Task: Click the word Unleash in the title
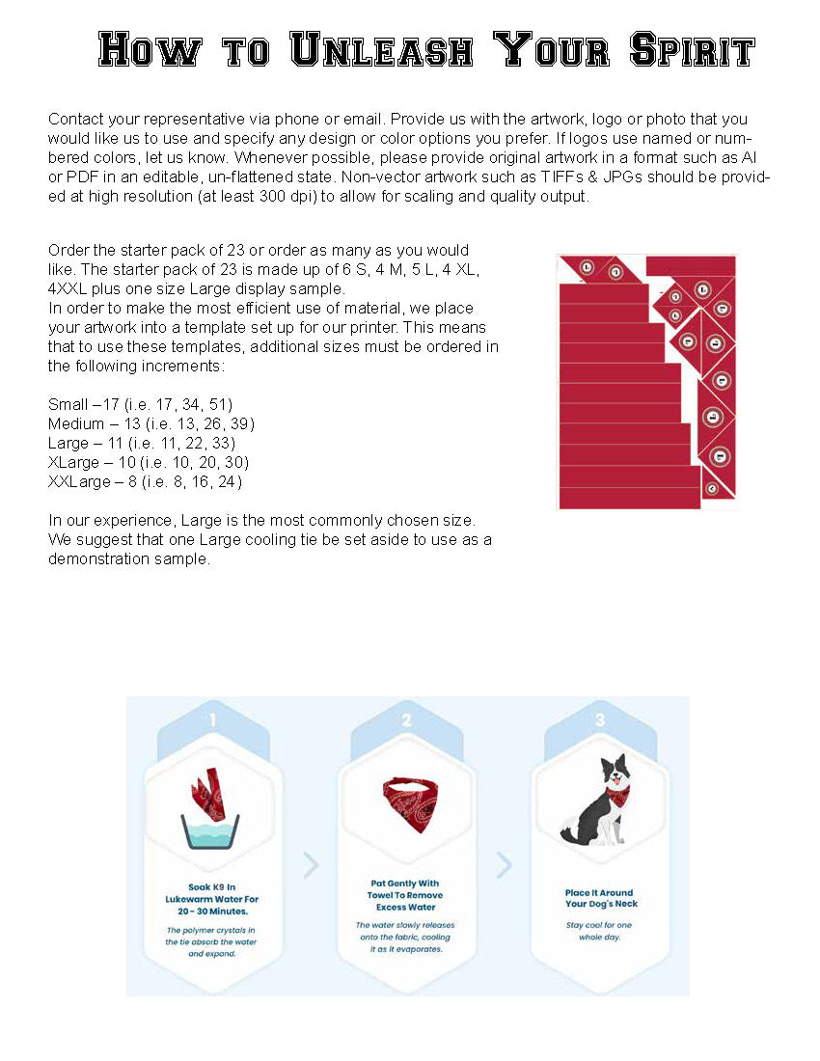[381, 49]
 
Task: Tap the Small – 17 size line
[140, 403]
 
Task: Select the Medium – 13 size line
[151, 423]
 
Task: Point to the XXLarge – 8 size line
[145, 481]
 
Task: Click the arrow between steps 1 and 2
[311, 865]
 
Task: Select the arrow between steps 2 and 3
[504, 865]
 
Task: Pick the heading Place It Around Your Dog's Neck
[601, 898]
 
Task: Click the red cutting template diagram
[646, 381]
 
